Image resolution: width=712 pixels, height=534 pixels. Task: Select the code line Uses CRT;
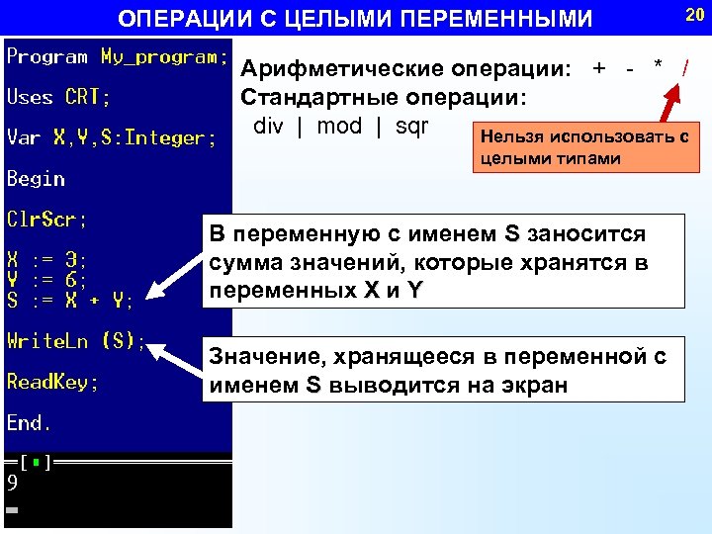click(58, 98)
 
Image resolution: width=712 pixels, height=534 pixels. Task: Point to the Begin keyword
click(36, 179)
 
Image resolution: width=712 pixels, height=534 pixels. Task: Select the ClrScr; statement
click(46, 219)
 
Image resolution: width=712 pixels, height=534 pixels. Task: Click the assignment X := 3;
click(46, 259)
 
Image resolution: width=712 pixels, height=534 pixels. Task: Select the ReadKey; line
click(52, 382)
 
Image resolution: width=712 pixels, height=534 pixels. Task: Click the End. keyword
click(30, 423)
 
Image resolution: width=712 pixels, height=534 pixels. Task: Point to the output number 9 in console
click(12, 484)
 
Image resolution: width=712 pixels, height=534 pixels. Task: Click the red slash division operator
click(684, 68)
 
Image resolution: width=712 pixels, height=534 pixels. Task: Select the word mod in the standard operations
click(339, 127)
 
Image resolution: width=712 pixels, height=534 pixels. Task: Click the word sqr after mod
click(411, 127)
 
